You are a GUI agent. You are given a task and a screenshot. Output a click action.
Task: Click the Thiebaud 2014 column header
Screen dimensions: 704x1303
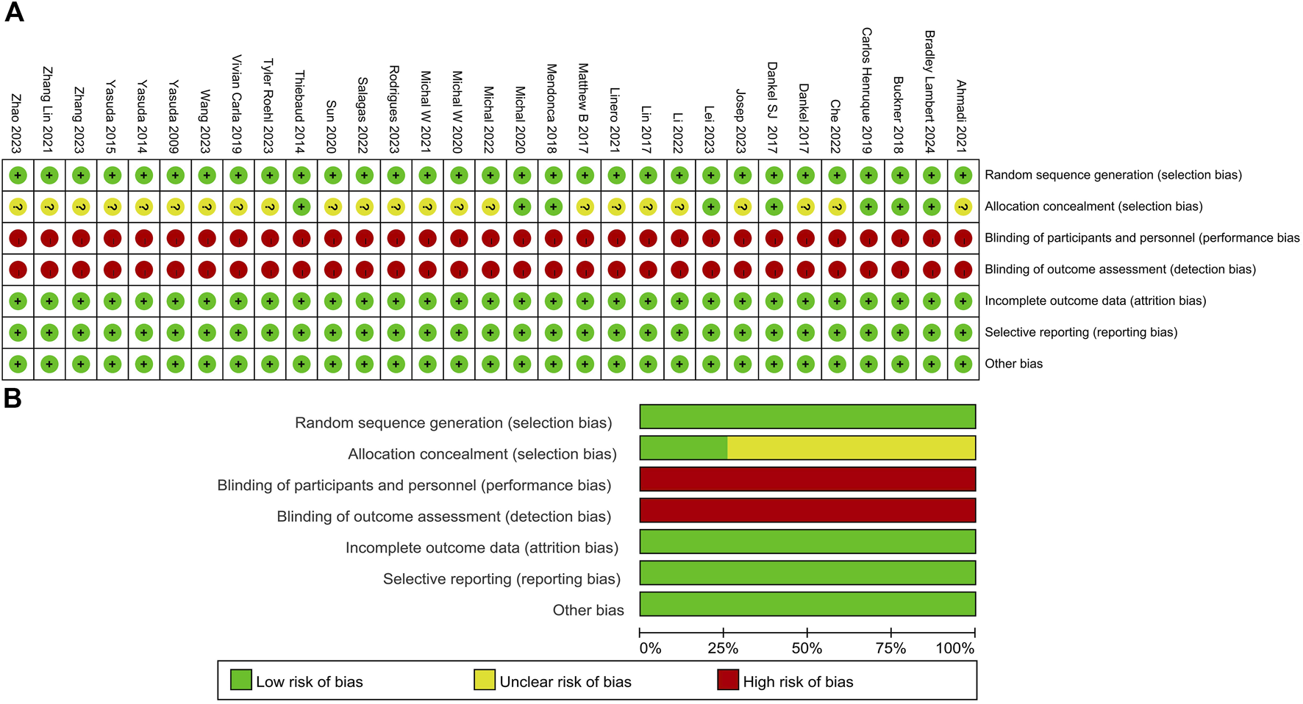point(300,112)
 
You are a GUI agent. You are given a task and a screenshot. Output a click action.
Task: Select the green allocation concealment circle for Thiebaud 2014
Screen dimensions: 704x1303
point(301,206)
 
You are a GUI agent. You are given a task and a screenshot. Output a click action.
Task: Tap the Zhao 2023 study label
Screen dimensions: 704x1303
point(16,123)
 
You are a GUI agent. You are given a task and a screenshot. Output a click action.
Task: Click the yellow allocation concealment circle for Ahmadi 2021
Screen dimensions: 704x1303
point(963,207)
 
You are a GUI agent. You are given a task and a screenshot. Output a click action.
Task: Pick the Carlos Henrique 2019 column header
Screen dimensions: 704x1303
point(867,90)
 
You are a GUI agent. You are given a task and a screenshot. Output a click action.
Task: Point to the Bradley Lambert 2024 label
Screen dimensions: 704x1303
point(930,92)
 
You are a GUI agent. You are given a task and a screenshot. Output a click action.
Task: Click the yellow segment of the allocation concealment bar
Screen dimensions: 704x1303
point(851,448)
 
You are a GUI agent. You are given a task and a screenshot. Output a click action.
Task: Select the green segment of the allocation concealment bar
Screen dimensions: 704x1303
point(683,448)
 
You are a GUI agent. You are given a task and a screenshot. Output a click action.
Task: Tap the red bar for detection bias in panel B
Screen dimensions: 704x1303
point(807,511)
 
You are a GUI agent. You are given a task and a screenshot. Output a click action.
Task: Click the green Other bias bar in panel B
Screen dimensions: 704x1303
point(807,604)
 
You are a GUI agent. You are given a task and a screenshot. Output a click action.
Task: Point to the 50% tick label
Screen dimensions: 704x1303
point(807,649)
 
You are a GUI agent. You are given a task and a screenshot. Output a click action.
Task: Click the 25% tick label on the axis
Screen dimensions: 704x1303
point(723,649)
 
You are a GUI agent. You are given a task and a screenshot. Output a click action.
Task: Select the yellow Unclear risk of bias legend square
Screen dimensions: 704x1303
point(485,680)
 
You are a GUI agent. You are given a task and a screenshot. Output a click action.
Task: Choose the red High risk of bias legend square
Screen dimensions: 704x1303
point(728,680)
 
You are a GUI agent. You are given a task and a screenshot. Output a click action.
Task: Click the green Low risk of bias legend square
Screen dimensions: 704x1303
point(241,680)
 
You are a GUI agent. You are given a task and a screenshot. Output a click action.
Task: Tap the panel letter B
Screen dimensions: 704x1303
point(13,398)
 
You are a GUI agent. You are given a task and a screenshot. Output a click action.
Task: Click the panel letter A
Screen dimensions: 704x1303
point(14,12)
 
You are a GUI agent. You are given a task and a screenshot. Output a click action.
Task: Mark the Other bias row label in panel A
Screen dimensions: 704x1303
point(1013,364)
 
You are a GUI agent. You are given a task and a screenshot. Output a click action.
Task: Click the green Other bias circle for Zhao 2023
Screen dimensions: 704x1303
point(18,364)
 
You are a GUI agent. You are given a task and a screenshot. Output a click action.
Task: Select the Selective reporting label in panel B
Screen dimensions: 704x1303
point(501,579)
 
